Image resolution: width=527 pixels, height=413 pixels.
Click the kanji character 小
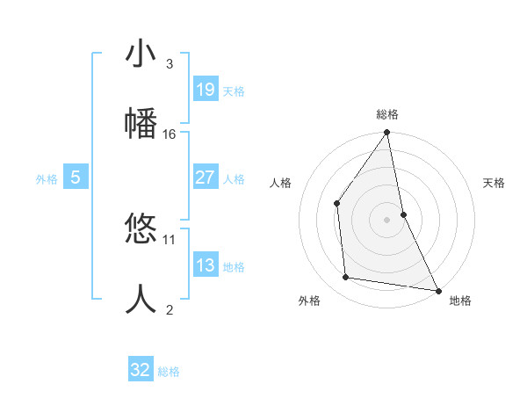coord(141,54)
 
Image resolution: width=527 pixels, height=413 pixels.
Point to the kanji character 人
coord(141,299)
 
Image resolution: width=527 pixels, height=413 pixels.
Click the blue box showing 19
coord(205,89)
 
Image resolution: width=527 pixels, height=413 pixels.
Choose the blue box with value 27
coord(205,178)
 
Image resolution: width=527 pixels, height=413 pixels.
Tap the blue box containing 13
coord(205,265)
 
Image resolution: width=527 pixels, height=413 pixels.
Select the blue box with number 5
coord(76,178)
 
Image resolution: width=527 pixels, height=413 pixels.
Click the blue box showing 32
coord(141,370)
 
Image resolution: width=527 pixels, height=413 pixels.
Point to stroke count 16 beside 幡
coord(170,134)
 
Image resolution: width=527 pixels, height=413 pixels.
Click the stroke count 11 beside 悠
coord(170,239)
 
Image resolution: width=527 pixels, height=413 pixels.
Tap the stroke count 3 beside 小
coord(170,64)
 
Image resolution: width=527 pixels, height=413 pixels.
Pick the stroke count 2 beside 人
coord(170,308)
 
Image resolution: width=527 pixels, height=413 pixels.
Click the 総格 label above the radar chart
coord(387,114)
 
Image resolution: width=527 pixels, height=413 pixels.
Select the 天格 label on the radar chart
coord(495,183)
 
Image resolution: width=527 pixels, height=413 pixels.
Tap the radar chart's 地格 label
coord(460,301)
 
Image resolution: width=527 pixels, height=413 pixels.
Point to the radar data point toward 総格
coord(387,134)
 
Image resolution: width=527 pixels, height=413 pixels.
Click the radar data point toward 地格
coord(437,289)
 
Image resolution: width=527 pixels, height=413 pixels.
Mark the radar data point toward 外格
coord(346,278)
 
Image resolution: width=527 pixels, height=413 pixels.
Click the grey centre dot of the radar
coord(387,219)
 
